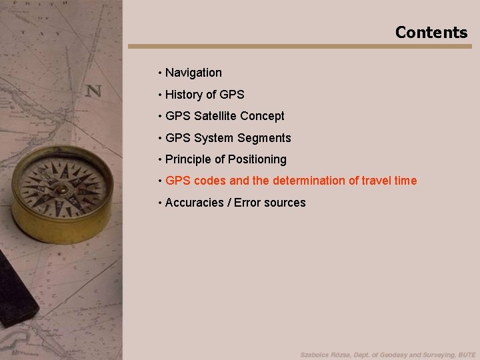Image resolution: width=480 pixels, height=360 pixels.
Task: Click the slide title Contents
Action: [x=431, y=32]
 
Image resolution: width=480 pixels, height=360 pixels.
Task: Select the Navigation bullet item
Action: [x=193, y=73]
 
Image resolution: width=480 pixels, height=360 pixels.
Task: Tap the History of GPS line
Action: [x=205, y=95]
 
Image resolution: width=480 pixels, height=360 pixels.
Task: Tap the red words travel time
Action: [x=392, y=181]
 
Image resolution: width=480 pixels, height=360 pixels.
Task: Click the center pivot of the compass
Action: [x=61, y=189]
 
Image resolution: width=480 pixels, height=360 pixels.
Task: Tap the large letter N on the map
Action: [x=93, y=91]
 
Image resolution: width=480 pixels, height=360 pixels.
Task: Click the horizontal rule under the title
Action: [x=299, y=47]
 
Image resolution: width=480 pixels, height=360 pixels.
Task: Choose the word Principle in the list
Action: [x=189, y=159]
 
